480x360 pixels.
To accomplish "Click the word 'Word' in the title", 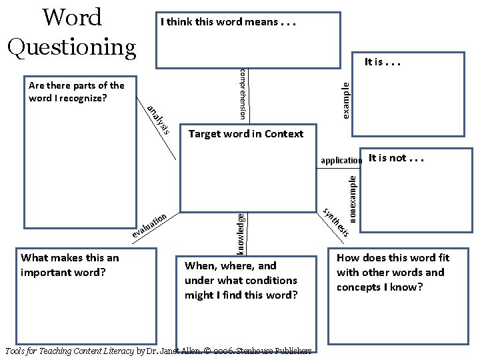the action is pos(72,17).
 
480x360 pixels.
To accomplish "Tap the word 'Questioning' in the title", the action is pos(72,46).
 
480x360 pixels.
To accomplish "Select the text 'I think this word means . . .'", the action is pos(227,22).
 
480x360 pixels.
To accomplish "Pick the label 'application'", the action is pos(341,161).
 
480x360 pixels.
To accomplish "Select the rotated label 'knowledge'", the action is pos(241,233).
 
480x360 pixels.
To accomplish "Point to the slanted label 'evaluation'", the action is pos(148,226).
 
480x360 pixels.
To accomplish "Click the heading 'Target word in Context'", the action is pos(245,134).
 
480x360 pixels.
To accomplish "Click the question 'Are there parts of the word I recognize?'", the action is pos(76,92).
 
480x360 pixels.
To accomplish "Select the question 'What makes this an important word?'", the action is pos(70,265).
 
